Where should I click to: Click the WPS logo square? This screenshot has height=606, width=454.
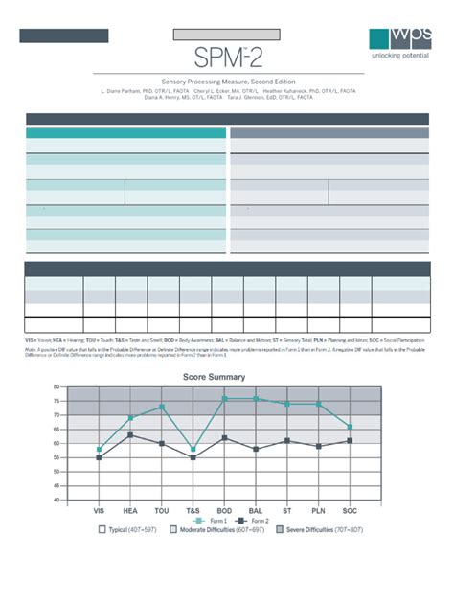[x=387, y=37]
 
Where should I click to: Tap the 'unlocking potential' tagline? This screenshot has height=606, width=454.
[x=400, y=56]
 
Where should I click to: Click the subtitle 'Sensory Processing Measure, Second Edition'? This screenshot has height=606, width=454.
[x=227, y=82]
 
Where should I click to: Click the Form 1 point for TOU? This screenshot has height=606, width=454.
[x=163, y=407]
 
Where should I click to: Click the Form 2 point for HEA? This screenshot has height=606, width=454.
[x=130, y=435]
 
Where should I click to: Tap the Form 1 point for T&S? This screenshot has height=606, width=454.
[x=194, y=449]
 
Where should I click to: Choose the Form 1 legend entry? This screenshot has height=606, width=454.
[x=200, y=520]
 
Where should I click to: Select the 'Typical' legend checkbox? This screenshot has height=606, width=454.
[x=103, y=529]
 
